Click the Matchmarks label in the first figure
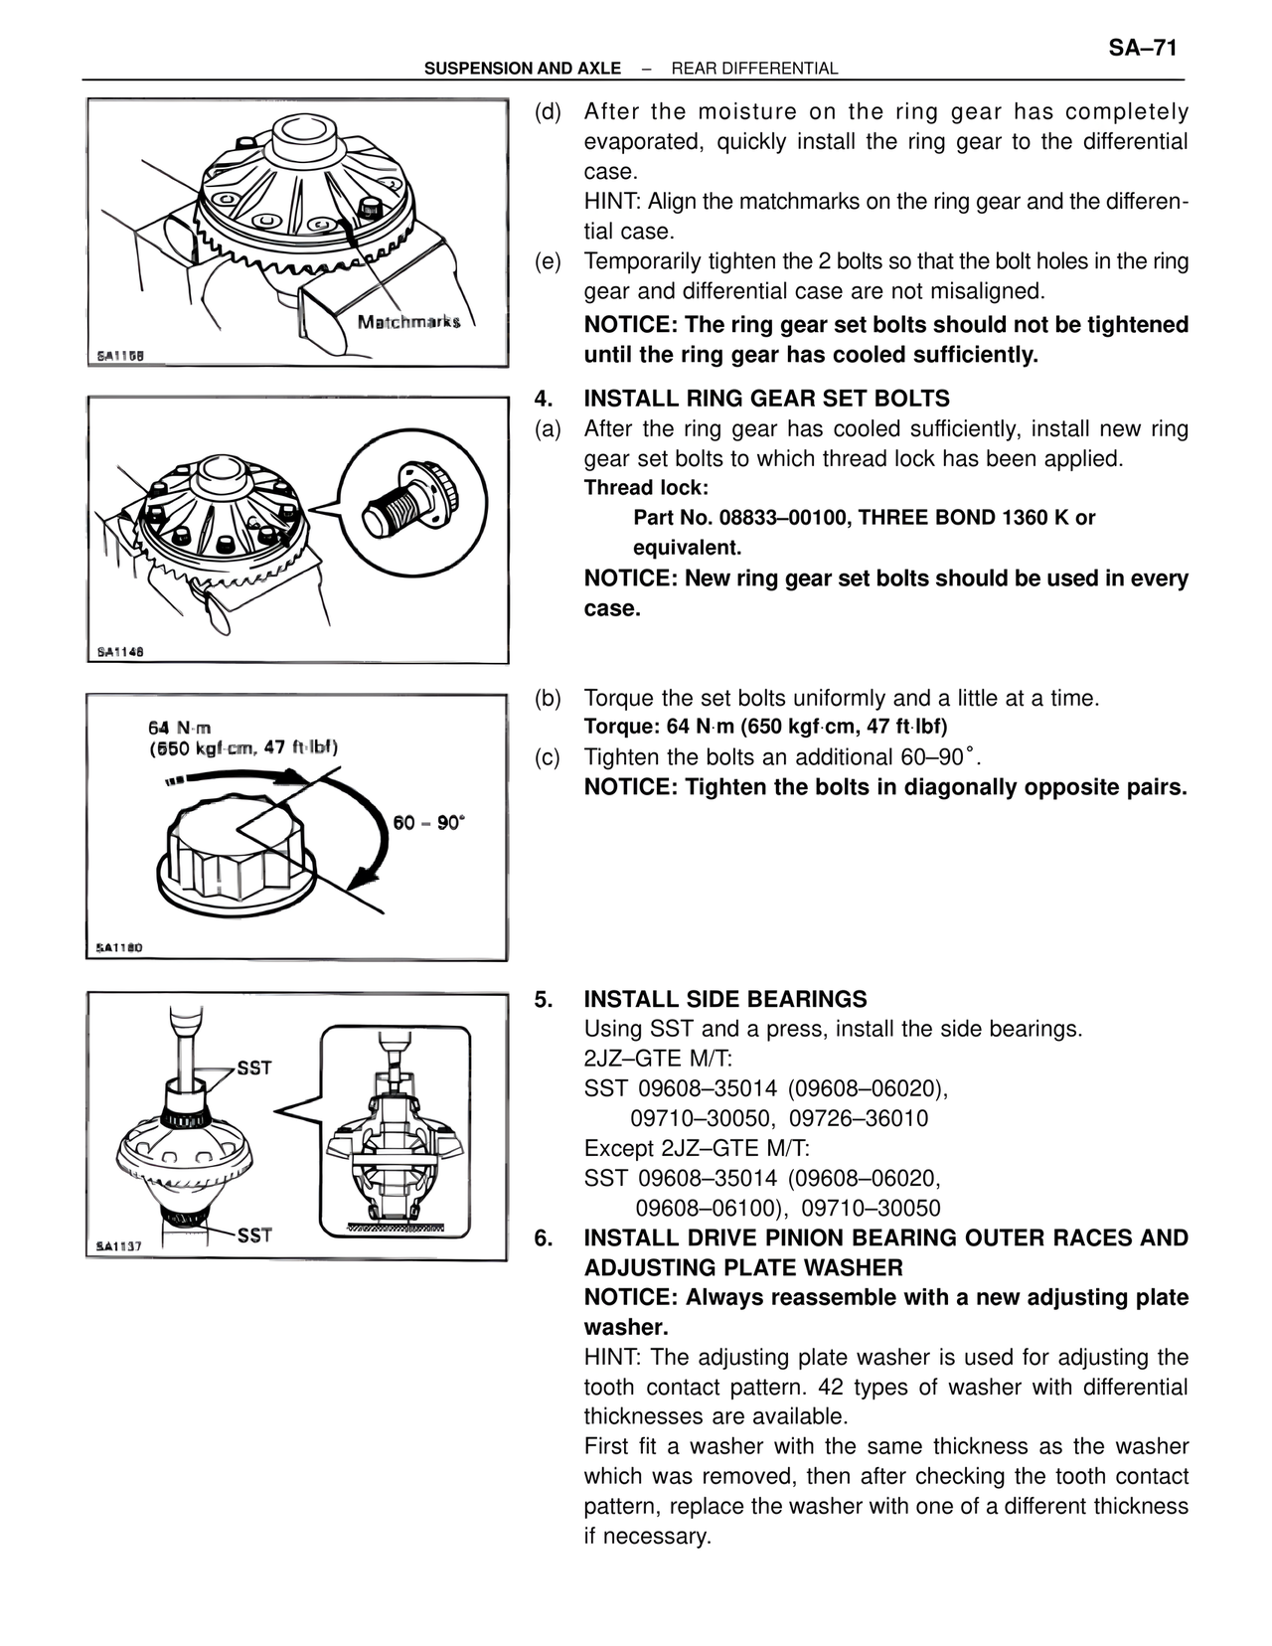point(408,321)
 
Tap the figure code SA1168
point(120,356)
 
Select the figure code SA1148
point(120,652)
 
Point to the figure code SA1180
point(120,948)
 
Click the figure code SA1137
point(120,1246)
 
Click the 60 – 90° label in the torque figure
point(429,823)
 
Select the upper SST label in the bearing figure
point(254,1069)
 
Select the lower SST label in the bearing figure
point(254,1235)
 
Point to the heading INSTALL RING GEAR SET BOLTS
point(766,399)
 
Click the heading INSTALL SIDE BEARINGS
point(725,999)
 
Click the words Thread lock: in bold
point(646,488)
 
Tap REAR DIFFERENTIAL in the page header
point(754,69)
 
